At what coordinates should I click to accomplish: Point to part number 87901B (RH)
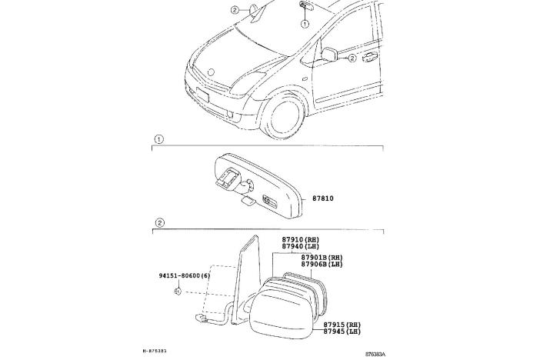pyautogui.click(x=322, y=257)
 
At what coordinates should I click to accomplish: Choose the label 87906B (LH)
pyautogui.click(x=322, y=264)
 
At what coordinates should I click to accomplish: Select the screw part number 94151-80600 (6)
pyautogui.click(x=185, y=275)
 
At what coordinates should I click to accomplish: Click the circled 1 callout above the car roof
pyautogui.click(x=305, y=25)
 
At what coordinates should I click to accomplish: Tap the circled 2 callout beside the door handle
pyautogui.click(x=352, y=58)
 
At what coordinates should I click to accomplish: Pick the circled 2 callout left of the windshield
pyautogui.click(x=235, y=10)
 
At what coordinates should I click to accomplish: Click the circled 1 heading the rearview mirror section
pyautogui.click(x=159, y=140)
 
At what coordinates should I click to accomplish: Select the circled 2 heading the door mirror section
pyautogui.click(x=159, y=223)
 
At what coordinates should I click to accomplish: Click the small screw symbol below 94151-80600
pyautogui.click(x=176, y=291)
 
